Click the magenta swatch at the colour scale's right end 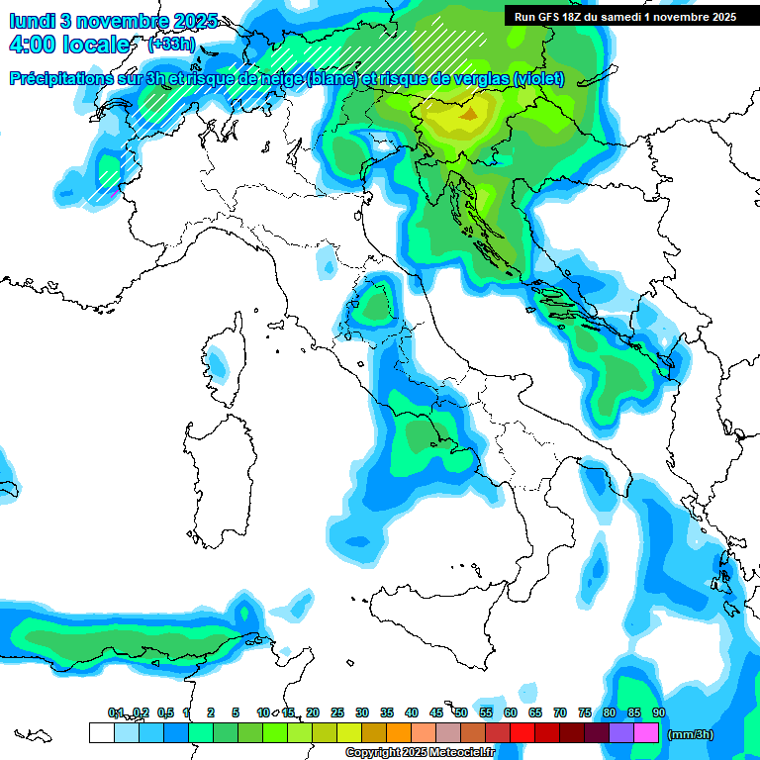pyautogui.click(x=646, y=732)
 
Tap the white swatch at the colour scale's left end pyautogui.click(x=101, y=732)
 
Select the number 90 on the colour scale pyautogui.click(x=658, y=712)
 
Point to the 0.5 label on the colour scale pyautogui.click(x=164, y=712)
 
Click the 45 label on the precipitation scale pyautogui.click(x=436, y=712)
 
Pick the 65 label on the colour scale pyautogui.click(x=535, y=712)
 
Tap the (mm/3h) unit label pyautogui.click(x=691, y=734)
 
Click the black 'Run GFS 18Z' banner pyautogui.click(x=625, y=16)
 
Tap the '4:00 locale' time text pyautogui.click(x=68, y=45)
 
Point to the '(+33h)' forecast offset pyautogui.click(x=169, y=45)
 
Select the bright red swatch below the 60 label pyautogui.click(x=522, y=732)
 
